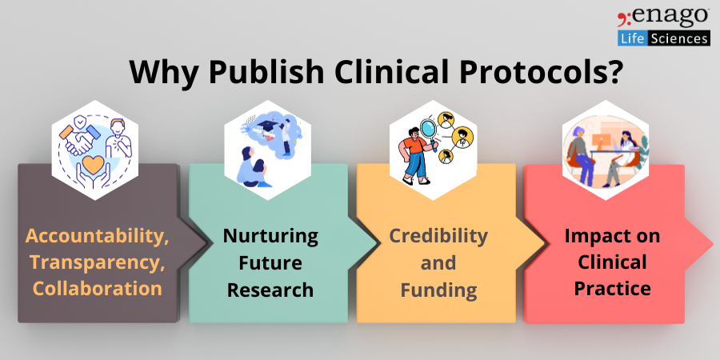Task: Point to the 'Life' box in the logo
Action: [x=633, y=38]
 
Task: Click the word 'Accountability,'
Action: [x=98, y=236]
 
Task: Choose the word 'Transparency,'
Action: [x=98, y=262]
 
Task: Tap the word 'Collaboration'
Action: [x=98, y=288]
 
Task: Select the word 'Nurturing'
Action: [x=270, y=236]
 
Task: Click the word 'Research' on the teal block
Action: [x=270, y=290]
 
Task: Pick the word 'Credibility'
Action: [x=438, y=236]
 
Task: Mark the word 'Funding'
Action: [x=438, y=290]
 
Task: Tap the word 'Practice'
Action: [x=612, y=289]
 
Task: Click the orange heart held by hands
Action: [x=94, y=164]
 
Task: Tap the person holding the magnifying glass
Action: [x=414, y=156]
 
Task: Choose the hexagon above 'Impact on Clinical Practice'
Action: [x=606, y=150]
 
